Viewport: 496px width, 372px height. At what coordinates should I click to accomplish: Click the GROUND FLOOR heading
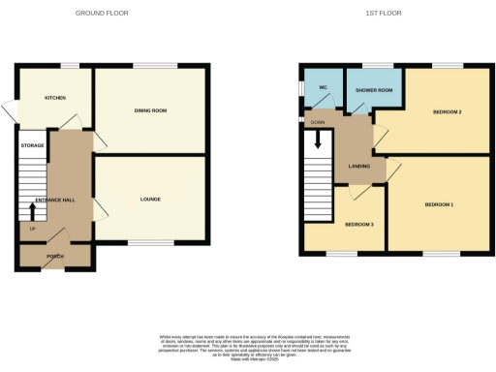(102, 14)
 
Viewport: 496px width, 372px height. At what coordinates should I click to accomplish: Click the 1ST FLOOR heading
(384, 14)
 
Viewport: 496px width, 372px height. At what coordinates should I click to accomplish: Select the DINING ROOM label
(150, 111)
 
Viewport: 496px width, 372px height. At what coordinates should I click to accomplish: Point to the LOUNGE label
(150, 200)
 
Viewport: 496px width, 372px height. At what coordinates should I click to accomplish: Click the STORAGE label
(33, 145)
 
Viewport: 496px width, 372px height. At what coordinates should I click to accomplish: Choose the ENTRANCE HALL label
(54, 200)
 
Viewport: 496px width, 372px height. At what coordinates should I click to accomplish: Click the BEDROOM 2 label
(447, 112)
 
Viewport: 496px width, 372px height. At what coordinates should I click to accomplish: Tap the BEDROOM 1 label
(438, 204)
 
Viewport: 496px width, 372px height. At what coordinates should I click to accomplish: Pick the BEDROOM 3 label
(359, 225)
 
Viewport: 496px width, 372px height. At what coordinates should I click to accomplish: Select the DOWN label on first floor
(318, 123)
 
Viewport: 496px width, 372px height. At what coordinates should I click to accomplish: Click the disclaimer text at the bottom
(248, 345)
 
